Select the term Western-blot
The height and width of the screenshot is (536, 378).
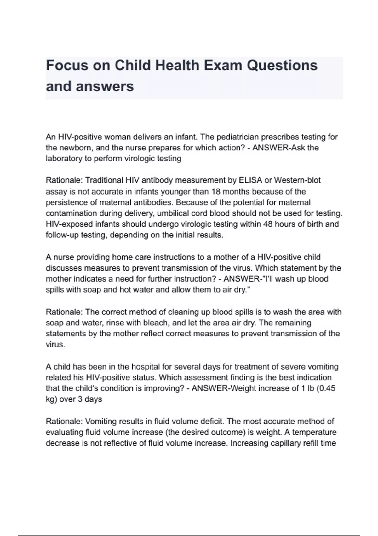click(297, 180)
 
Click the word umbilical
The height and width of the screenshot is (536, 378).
click(174, 213)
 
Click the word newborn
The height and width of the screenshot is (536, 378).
click(75, 148)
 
